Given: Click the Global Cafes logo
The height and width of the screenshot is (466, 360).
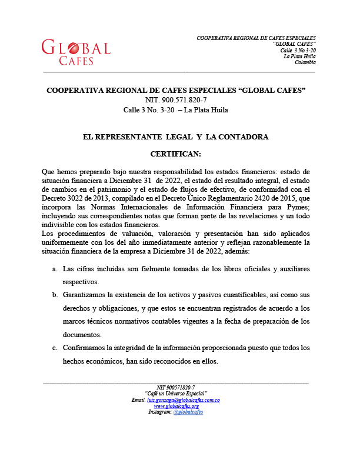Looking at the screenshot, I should coord(76,52).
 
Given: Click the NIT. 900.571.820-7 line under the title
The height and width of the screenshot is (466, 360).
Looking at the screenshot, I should coord(176,100).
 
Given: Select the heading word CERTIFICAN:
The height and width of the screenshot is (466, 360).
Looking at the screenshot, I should coord(176,154).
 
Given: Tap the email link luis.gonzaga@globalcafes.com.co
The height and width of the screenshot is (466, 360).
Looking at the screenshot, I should coord(184,400).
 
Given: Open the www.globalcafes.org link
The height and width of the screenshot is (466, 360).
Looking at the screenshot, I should coord(176,406).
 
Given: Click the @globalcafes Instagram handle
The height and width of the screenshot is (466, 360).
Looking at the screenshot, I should coord(188,412).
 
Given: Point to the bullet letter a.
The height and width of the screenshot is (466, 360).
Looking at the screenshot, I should coord(55,268).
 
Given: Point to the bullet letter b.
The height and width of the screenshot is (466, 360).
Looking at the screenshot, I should coord(55,294).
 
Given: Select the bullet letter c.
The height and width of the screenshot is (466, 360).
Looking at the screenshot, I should coord(55,348).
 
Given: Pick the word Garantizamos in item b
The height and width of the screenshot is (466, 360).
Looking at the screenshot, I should coord(88,294).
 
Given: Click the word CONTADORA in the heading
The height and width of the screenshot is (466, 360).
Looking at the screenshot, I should coord(242,137).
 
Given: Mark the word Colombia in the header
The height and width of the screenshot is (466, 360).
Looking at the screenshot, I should coord(305,62).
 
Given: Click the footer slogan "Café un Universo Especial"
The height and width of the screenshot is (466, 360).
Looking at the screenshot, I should coord(176,393).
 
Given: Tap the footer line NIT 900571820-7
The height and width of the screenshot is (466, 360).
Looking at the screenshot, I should coord(176,387).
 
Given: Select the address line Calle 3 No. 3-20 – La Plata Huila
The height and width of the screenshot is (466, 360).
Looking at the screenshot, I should coord(176,109).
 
